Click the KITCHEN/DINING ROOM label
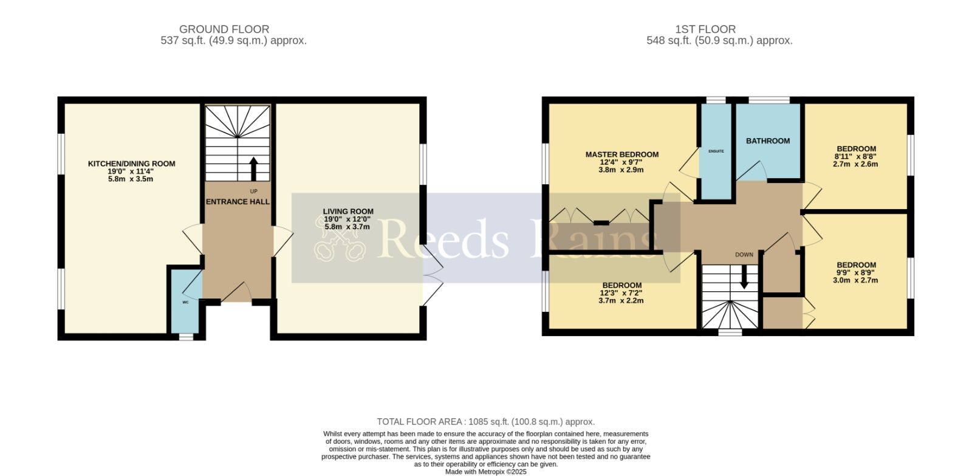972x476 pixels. tap(131, 164)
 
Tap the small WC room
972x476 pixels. tap(186, 302)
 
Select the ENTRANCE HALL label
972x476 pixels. tap(238, 202)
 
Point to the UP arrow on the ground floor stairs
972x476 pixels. tap(253, 169)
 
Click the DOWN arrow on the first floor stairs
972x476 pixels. tap(744, 277)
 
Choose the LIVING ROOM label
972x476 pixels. tap(348, 212)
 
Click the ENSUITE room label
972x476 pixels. tap(716, 151)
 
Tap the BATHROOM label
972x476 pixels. tap(768, 140)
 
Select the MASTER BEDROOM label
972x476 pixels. tap(622, 154)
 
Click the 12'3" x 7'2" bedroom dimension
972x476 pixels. tap(621, 293)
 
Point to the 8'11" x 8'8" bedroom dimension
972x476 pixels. tap(856, 156)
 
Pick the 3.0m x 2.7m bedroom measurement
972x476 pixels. tap(855, 281)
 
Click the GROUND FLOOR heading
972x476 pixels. tap(224, 29)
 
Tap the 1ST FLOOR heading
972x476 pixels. tap(705, 29)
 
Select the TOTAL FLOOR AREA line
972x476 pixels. tap(485, 422)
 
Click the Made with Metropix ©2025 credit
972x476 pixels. tap(485, 472)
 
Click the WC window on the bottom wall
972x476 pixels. tap(186, 337)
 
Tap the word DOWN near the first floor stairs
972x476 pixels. tap(744, 255)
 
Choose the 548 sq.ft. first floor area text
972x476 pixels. tap(719, 41)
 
